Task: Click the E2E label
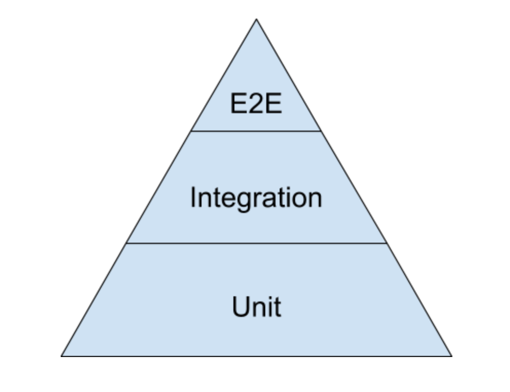click(x=256, y=104)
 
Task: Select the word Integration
click(x=256, y=198)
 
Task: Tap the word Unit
click(x=256, y=307)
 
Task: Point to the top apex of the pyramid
click(x=256, y=20)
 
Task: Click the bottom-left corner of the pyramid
click(x=62, y=355)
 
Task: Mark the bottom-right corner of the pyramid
click(x=451, y=355)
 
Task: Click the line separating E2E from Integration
click(x=256, y=131)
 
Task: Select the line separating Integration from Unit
click(x=256, y=243)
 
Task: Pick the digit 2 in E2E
click(x=256, y=104)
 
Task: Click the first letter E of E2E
click(x=239, y=104)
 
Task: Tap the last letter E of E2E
click(x=273, y=104)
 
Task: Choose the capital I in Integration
click(x=193, y=197)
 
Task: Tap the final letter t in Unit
click(x=277, y=308)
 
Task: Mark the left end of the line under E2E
click(x=192, y=131)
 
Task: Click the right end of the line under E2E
click(x=321, y=131)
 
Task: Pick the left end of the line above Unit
click(x=126, y=243)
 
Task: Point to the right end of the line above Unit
click(x=386, y=243)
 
